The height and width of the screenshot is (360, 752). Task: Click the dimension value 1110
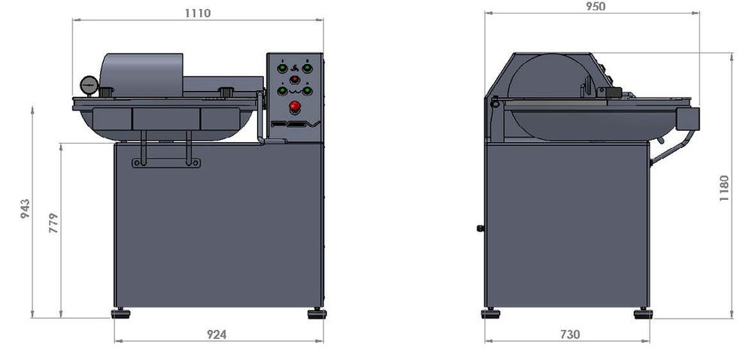click(x=198, y=13)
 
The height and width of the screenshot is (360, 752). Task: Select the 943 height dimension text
click(x=25, y=208)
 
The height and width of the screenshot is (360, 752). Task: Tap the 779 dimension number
click(x=53, y=223)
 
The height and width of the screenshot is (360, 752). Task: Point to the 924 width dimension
click(x=217, y=334)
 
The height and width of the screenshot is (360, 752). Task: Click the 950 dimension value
click(x=596, y=6)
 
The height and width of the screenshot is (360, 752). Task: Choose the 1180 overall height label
click(x=724, y=189)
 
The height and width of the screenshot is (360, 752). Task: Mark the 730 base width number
click(x=570, y=334)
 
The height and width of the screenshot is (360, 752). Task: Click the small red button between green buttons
click(x=295, y=79)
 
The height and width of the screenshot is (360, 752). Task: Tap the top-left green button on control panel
click(x=283, y=68)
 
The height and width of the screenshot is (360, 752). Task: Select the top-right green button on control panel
click(x=308, y=68)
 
